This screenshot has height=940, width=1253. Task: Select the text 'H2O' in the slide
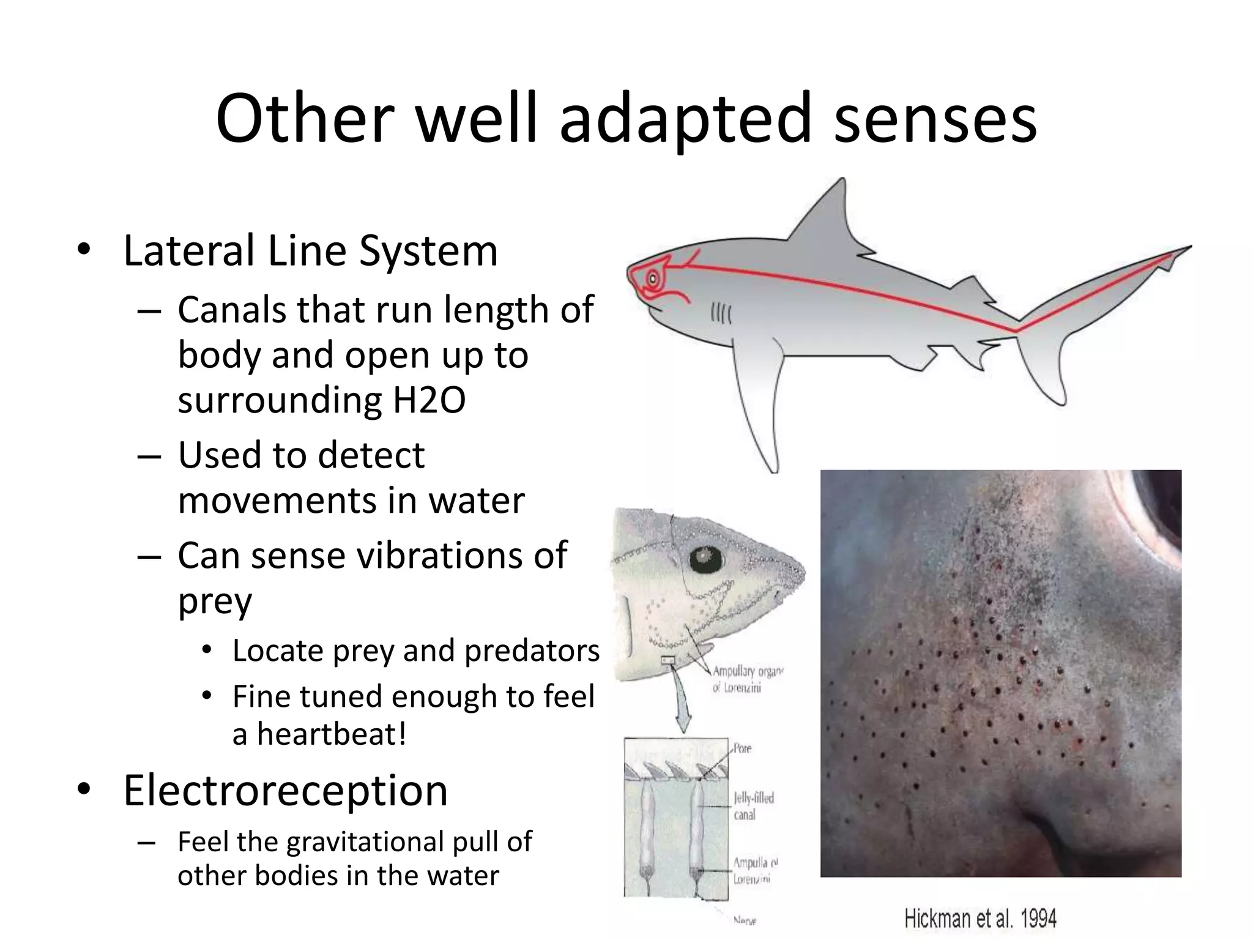429,401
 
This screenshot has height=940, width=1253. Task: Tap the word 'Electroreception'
285,791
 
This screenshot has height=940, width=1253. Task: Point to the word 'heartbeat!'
331,734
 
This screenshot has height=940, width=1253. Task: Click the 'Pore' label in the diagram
742,748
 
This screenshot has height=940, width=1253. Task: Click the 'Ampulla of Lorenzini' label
754,871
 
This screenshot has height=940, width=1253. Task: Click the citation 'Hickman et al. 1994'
980,919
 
